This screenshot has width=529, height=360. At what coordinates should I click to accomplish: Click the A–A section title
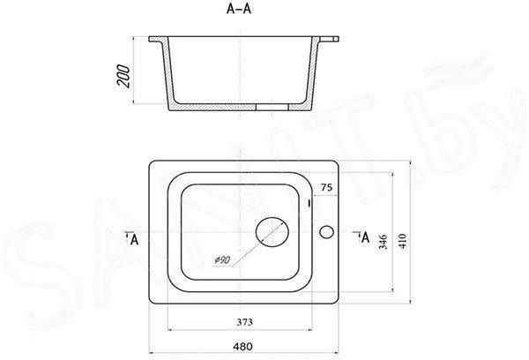239,9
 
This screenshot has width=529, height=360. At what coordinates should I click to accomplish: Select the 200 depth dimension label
123,77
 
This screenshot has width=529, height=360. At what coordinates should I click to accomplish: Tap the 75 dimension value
326,187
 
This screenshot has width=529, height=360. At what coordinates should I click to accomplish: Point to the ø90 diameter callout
223,260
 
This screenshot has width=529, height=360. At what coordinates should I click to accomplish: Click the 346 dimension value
383,242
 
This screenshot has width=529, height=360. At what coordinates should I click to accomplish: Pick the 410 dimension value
403,241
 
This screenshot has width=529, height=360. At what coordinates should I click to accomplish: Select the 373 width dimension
244,322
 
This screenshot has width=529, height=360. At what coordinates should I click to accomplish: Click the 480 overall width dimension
242,347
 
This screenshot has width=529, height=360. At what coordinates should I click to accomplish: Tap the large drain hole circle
272,232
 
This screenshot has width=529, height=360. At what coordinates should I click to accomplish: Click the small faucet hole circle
326,232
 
